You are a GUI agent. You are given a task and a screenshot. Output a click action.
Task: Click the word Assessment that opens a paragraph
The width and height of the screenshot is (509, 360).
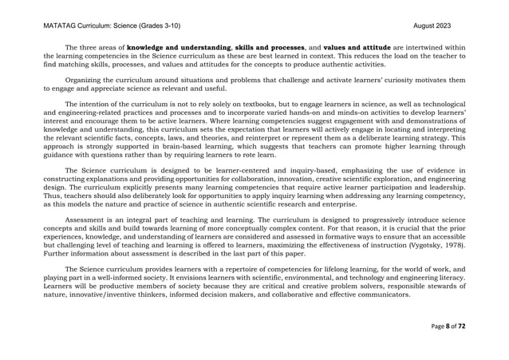[x=86, y=216]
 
